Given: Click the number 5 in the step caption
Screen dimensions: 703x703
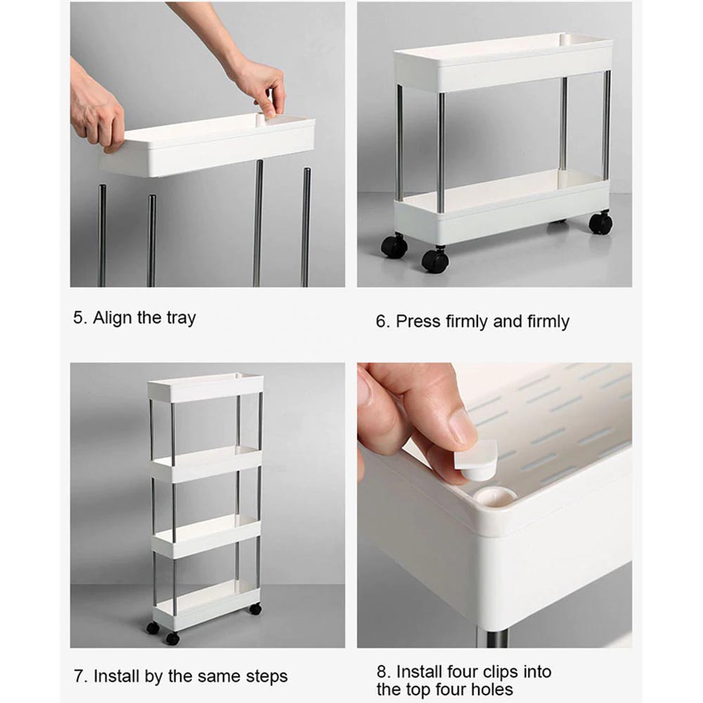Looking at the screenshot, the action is click(79, 318).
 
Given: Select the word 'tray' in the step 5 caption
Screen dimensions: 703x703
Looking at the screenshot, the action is click(181, 318).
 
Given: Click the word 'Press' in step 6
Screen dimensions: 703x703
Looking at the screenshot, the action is click(418, 321).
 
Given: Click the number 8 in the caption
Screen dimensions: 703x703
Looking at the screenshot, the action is click(382, 672).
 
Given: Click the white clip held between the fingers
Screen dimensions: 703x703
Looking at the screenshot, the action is click(476, 460).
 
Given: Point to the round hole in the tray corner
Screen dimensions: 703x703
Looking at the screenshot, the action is click(496, 497).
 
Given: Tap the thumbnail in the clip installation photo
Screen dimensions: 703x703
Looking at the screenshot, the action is click(463, 425).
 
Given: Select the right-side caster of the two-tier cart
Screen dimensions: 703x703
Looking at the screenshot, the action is click(600, 222).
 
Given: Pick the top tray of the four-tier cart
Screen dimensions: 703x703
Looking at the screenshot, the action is click(205, 387).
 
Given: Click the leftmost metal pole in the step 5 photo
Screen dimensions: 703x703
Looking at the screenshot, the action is click(102, 236).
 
